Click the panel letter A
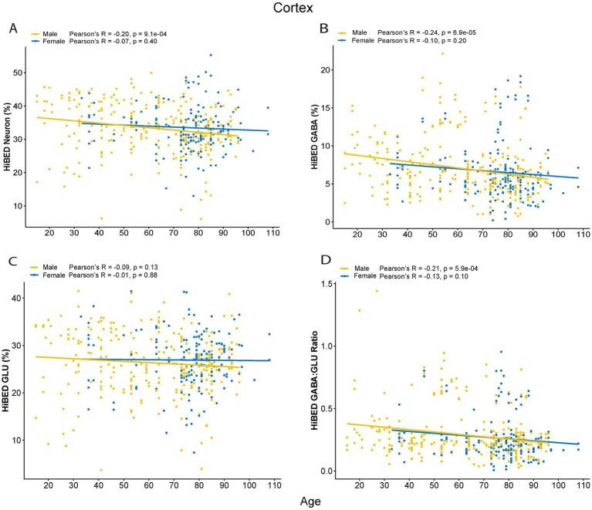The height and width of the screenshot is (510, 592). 13,29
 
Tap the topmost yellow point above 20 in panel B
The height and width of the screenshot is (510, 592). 442,53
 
